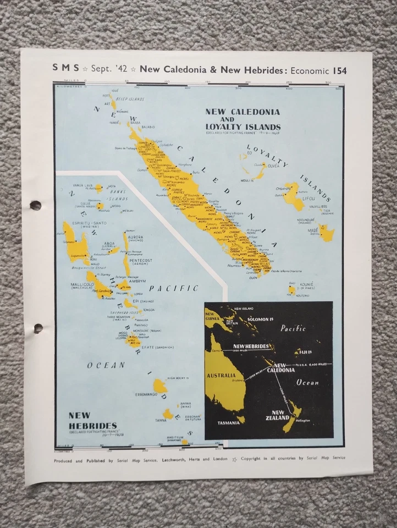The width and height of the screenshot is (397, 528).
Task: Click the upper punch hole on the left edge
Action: coord(36,206)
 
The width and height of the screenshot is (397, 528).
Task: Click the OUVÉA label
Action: coord(274,163)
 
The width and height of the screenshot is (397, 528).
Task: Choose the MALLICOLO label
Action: coord(81,272)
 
